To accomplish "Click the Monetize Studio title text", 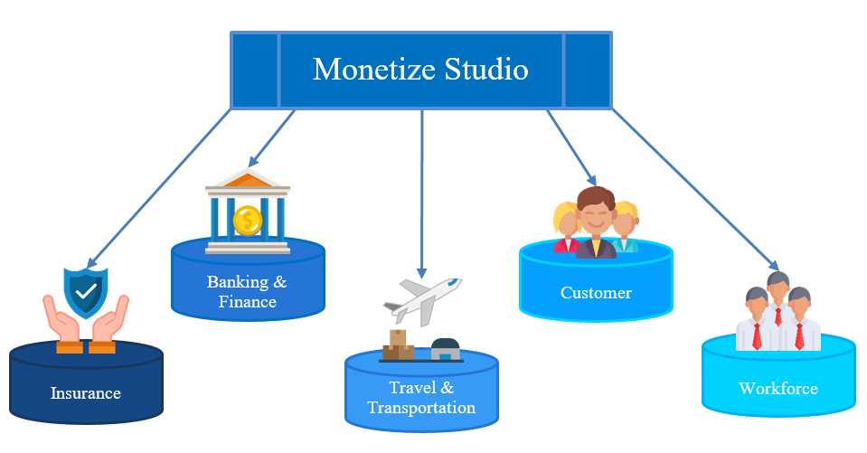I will tap(420, 70).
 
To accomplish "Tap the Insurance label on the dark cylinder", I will tap(86, 393).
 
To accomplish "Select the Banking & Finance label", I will tap(247, 291).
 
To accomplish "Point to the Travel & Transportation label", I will tap(421, 398).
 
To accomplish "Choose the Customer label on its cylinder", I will tap(596, 292).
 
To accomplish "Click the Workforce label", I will tap(777, 389).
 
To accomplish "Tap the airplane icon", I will tap(420, 298).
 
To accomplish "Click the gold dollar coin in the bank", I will tap(247, 219).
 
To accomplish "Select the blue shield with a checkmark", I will tap(86, 291).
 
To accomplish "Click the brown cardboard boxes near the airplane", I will tap(398, 345).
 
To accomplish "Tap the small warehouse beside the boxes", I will tap(445, 349).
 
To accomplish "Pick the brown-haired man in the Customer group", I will tap(596, 222).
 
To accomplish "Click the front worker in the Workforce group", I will tap(778, 312).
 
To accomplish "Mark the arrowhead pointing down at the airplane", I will tap(421, 272).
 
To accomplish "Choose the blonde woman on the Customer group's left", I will tap(567, 226).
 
